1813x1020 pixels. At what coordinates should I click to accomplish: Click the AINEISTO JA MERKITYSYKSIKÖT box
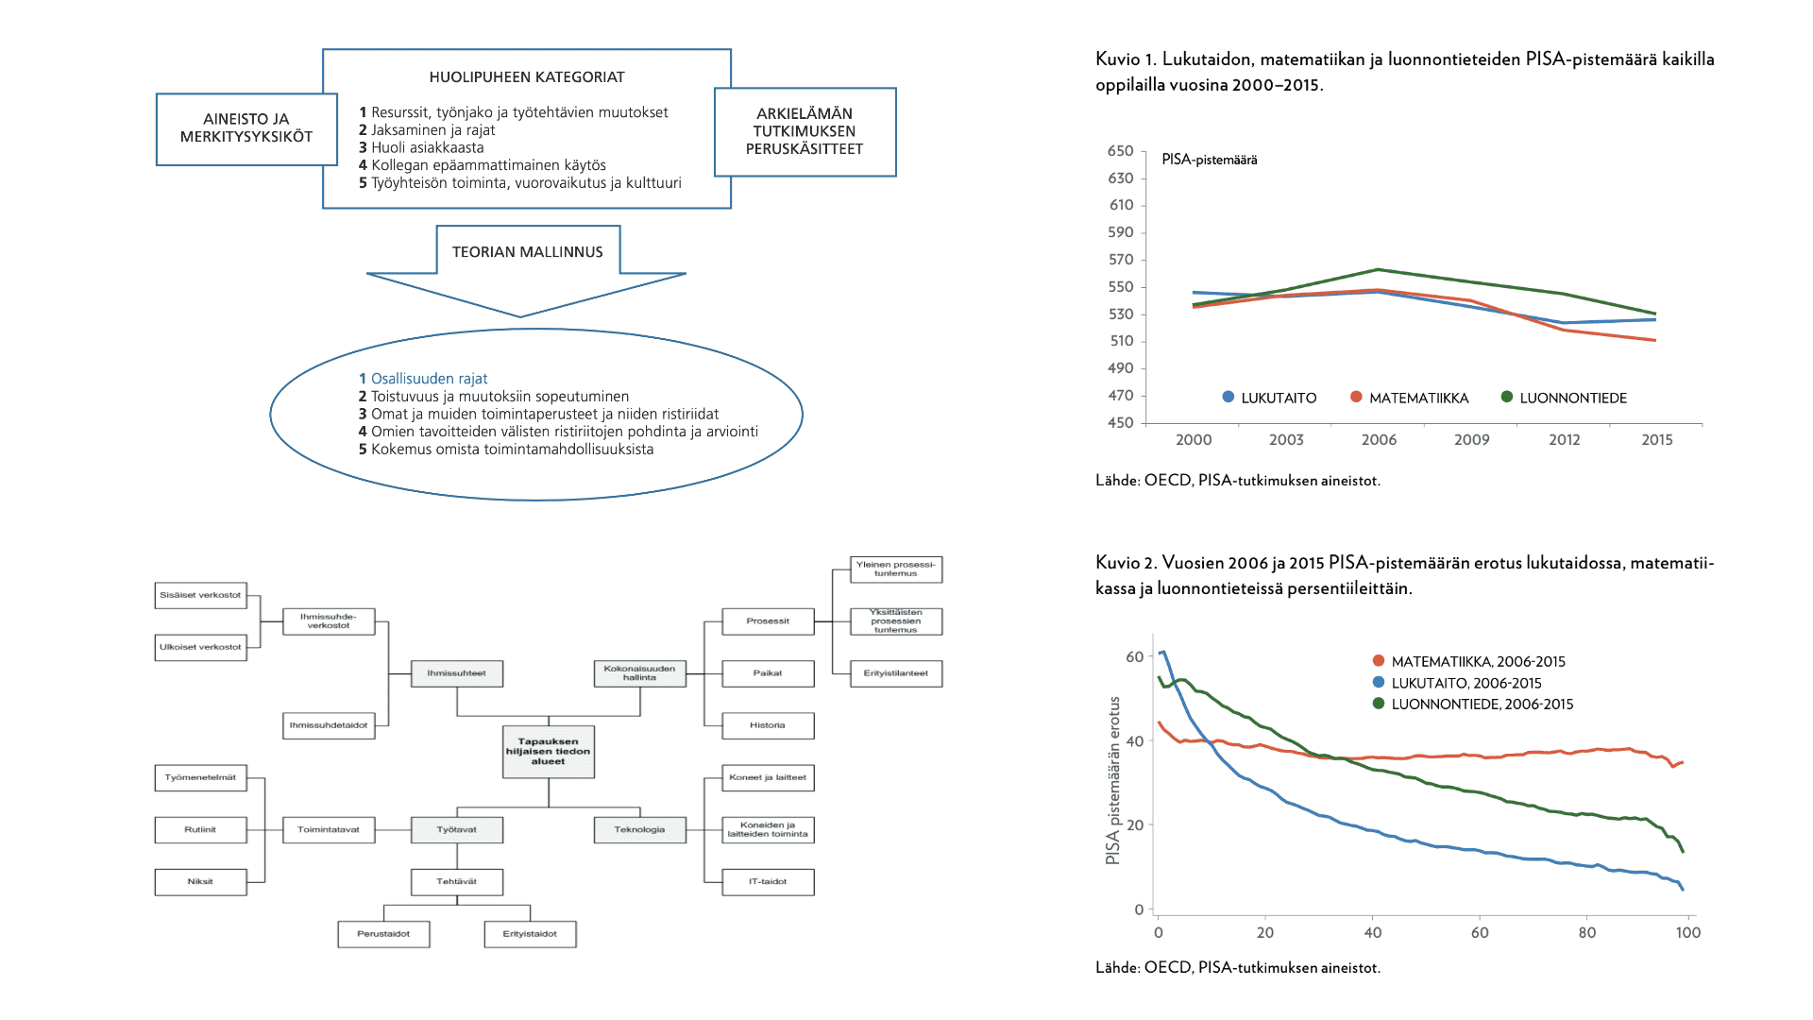246,128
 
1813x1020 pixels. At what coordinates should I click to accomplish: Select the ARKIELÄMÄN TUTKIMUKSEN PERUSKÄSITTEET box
805,131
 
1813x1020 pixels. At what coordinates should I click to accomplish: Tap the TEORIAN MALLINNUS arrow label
527,252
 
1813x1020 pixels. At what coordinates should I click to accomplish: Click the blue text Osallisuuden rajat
429,379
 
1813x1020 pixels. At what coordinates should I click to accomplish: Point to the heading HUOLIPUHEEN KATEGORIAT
527,77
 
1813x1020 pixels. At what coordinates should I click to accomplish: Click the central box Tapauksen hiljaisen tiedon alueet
548,752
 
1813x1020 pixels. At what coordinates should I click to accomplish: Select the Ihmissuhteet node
457,673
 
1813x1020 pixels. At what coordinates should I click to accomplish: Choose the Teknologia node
639,830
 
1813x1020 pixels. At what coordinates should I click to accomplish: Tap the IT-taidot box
768,882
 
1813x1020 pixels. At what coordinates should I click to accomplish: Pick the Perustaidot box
383,934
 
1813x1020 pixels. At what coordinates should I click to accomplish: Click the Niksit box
200,882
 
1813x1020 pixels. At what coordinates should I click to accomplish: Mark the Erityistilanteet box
895,673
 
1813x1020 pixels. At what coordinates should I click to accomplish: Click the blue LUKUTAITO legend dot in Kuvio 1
1228,398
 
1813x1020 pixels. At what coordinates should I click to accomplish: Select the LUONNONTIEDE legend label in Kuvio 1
1573,399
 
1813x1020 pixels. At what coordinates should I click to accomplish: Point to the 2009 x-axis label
1471,440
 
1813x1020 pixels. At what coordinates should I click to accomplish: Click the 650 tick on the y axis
1121,151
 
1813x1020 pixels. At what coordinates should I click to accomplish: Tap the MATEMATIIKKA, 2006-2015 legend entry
1478,662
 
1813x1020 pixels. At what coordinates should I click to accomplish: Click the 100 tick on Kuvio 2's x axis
1688,933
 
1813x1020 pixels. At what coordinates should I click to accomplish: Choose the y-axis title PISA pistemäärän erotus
1113,780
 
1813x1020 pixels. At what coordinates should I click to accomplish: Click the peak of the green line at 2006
1379,269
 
